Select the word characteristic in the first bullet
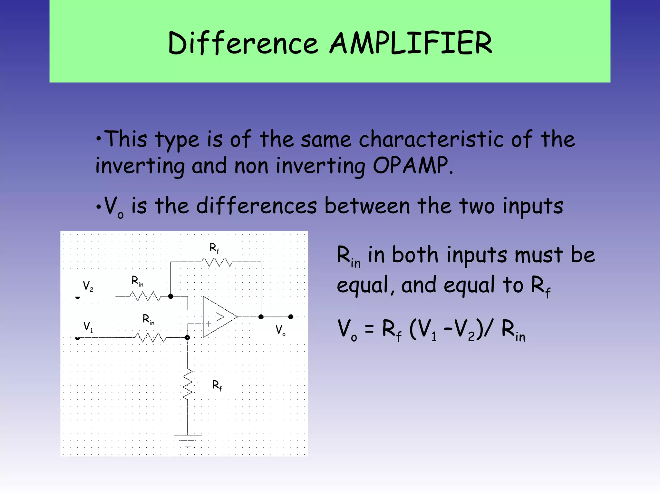(x=431, y=140)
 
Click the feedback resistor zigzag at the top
(x=217, y=262)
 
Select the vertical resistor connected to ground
(x=188, y=385)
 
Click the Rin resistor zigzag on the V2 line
(x=145, y=296)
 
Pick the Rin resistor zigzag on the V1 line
(x=150, y=338)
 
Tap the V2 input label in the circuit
(x=88, y=286)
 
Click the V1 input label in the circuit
(x=88, y=326)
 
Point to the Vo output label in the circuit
(x=280, y=330)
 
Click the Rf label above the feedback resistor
(x=214, y=248)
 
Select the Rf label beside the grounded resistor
(x=217, y=385)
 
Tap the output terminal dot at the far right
(x=291, y=317)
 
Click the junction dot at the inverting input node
(x=171, y=296)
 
